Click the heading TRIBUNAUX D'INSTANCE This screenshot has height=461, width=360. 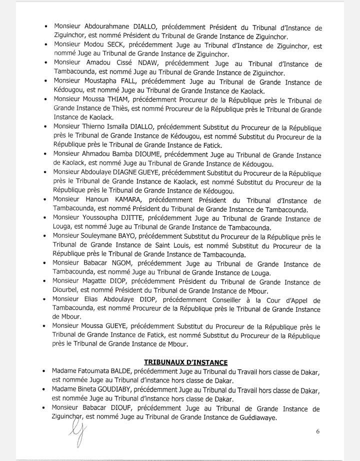pos(185,361)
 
